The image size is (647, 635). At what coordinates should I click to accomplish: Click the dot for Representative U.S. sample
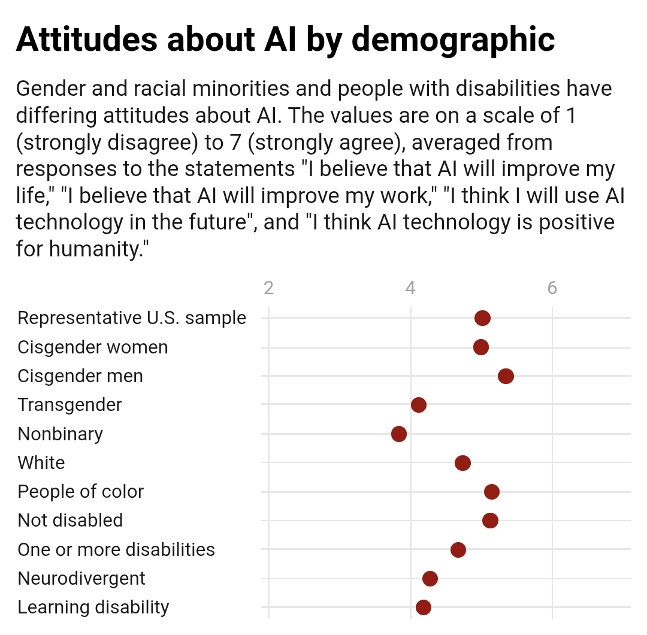[x=482, y=318]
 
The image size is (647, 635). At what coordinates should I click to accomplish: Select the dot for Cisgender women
[x=480, y=347]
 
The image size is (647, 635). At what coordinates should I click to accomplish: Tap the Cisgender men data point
[x=506, y=376]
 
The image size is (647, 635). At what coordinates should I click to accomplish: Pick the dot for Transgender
[x=419, y=405]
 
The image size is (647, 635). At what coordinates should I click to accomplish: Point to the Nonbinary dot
[x=399, y=434]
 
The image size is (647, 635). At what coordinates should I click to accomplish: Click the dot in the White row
[x=462, y=463]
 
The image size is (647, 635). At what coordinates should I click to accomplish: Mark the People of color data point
[x=492, y=492]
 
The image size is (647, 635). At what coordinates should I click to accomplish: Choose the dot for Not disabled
[x=490, y=521]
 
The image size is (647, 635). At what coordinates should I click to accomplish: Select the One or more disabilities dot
[x=458, y=550]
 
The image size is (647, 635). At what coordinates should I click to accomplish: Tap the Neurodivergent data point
[x=430, y=579]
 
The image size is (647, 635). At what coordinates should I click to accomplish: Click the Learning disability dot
[x=424, y=607]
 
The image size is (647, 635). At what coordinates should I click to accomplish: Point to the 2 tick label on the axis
[x=268, y=289]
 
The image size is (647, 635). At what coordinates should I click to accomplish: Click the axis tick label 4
[x=410, y=289]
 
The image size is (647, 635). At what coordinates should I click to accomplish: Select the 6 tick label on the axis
[x=552, y=289]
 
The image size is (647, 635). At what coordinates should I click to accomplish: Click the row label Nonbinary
[x=60, y=434]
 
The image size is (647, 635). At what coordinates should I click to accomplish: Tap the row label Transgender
[x=69, y=405]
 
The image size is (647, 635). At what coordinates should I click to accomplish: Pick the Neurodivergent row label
[x=81, y=579]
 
